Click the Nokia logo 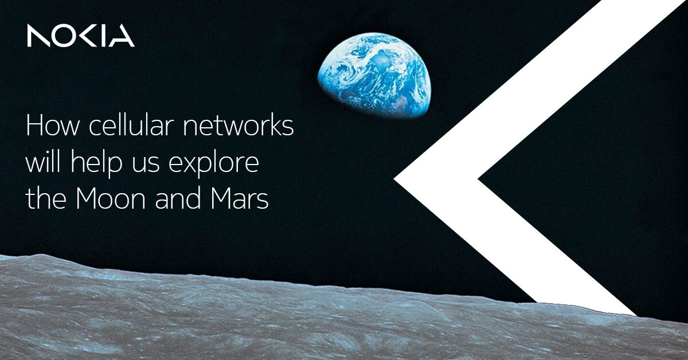pos(80,36)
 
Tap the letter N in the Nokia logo pos(39,36)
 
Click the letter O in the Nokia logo pos(68,36)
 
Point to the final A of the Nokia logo pos(122,36)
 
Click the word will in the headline pos(41,163)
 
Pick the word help pos(93,165)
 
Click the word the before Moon pos(45,200)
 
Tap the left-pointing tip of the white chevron pos(401,179)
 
